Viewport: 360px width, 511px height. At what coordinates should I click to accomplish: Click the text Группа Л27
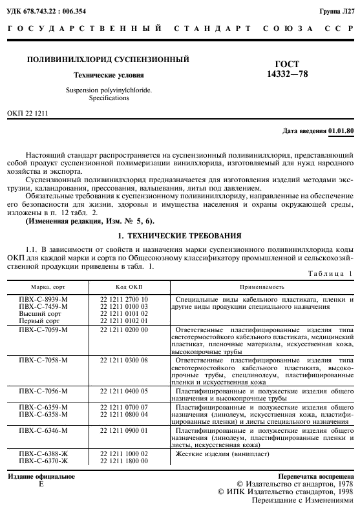tap(337, 12)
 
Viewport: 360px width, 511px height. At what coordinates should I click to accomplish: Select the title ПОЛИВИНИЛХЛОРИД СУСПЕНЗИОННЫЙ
tap(107, 59)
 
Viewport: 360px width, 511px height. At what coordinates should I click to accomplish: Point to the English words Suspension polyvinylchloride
tap(100, 90)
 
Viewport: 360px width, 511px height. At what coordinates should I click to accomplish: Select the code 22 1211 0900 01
tap(125, 430)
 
